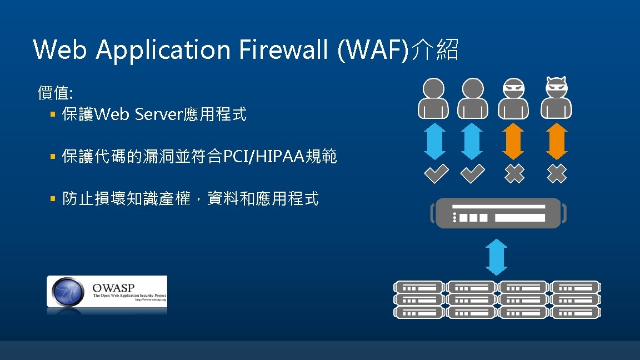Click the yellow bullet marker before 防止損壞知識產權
pos(53,198)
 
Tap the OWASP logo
pos(107,292)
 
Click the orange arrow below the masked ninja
pos(514,141)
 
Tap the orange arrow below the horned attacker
pos(556,141)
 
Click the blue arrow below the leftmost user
pos(434,141)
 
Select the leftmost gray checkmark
pos(436,174)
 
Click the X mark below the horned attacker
pos(556,174)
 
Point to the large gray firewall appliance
pos(499,213)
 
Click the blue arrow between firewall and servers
pos(496,257)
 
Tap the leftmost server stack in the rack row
pos(419,299)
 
